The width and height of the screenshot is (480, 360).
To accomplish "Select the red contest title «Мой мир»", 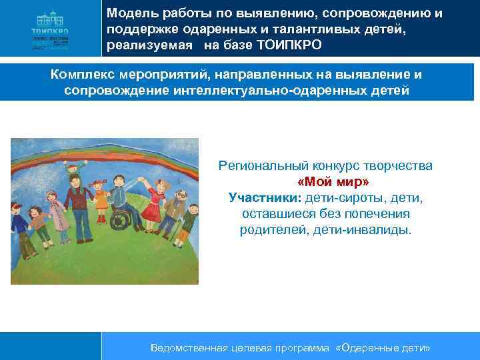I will click(x=333, y=181).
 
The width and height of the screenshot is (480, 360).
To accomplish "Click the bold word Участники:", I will click(x=264, y=198).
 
